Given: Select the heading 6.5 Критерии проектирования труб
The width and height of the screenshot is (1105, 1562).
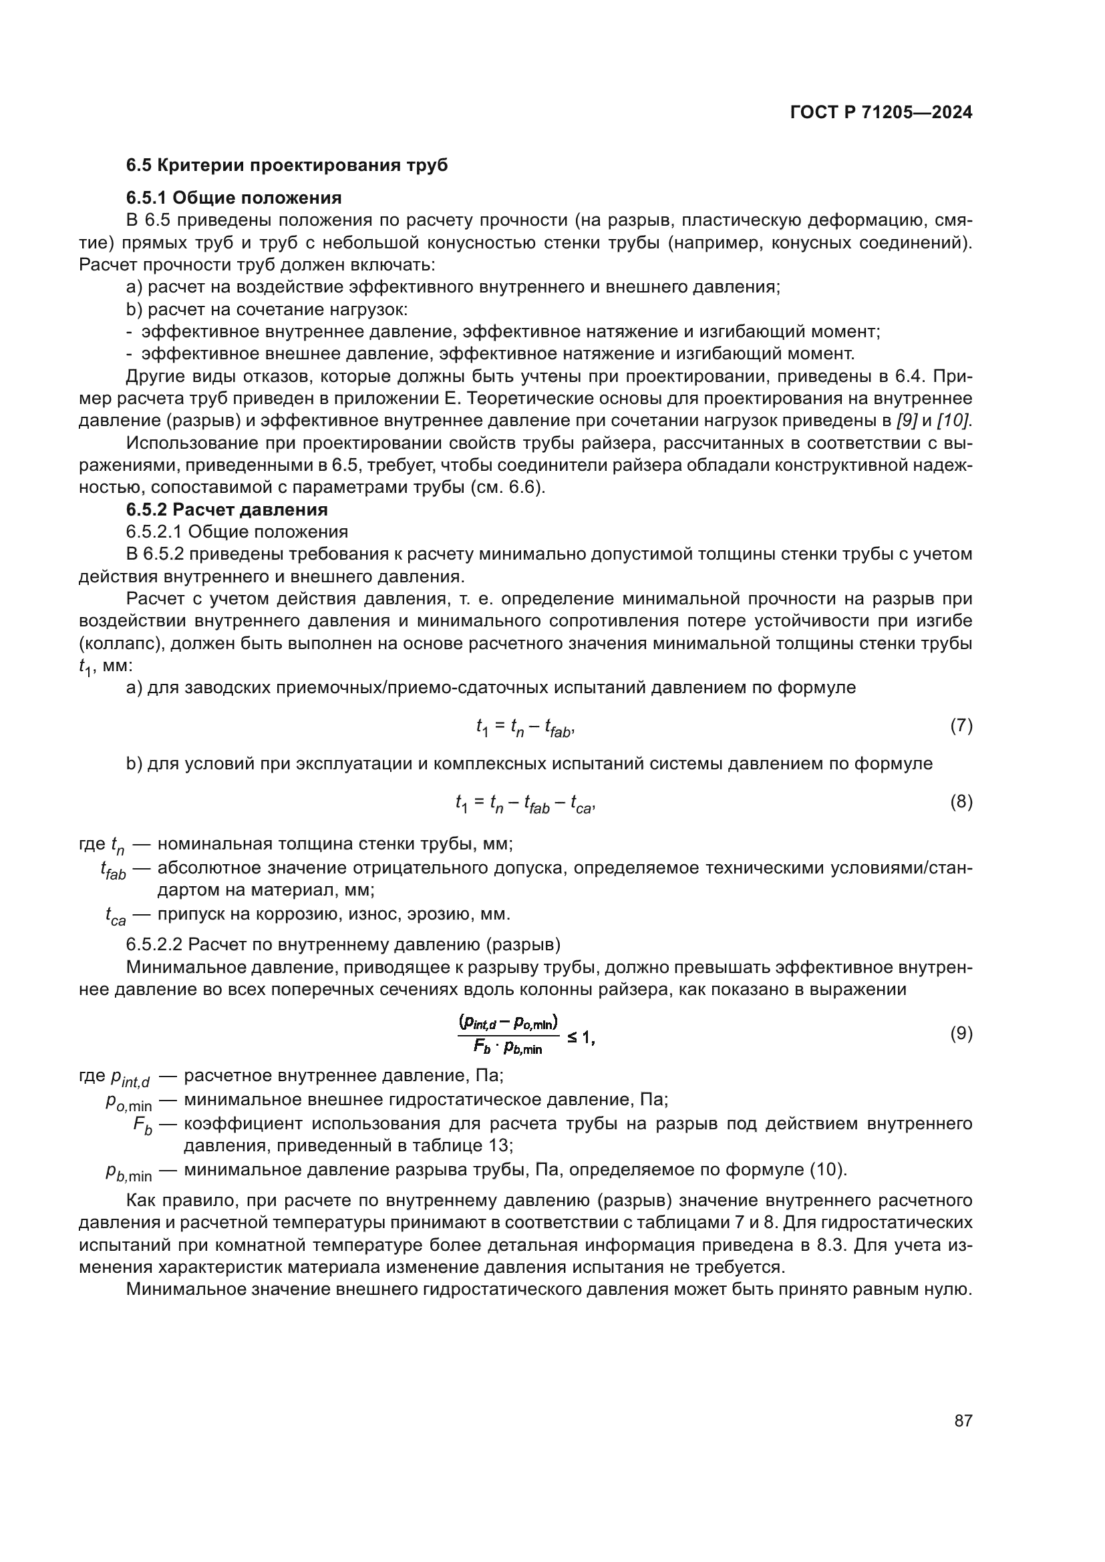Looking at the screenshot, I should point(287,166).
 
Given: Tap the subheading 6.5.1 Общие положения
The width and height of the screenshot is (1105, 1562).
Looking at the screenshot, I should point(233,198).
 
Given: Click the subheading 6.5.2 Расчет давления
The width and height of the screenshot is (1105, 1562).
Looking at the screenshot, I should point(226,510).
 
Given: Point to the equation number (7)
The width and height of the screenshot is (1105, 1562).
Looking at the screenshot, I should point(961,725).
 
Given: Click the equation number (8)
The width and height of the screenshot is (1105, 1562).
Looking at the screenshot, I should point(961,801).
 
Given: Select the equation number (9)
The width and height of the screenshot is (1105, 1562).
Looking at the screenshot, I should point(961,1033).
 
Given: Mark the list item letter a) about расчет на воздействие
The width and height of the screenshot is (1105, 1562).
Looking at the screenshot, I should point(134,287).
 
